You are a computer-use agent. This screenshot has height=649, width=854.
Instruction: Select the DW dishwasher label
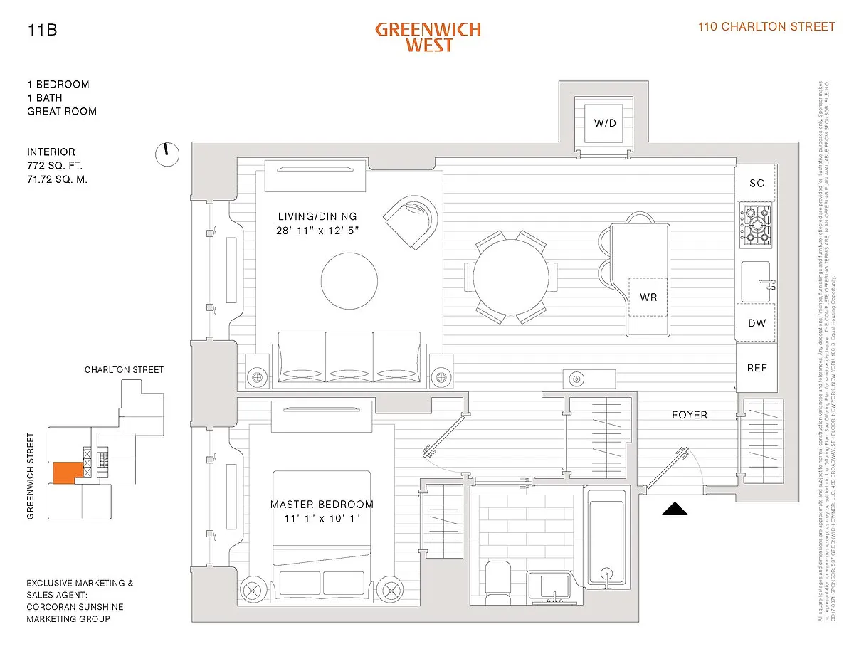757,323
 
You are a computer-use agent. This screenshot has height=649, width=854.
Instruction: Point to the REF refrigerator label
757,368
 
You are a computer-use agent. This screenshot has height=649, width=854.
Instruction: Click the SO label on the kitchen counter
757,183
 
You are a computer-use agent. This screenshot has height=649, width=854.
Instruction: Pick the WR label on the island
648,297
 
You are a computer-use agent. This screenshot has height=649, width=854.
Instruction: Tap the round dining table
511,276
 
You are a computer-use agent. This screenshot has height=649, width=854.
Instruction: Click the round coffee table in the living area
349,280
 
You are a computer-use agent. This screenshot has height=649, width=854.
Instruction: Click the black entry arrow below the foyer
675,509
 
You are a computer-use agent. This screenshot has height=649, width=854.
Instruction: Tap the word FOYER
690,415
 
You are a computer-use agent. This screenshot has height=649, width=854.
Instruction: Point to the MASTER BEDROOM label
322,505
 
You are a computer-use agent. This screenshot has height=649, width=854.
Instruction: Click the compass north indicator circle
167,154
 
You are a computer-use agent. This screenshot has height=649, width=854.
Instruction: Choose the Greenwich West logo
428,37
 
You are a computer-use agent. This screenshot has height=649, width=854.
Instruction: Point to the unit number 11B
42,30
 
